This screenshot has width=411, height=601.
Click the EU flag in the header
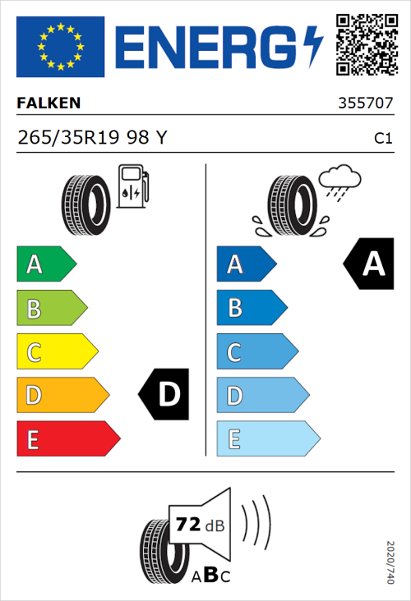(x=60, y=47)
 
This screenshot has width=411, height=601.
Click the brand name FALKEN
(x=48, y=103)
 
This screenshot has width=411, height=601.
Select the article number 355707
(x=365, y=104)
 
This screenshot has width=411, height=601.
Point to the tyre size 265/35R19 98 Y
(x=91, y=138)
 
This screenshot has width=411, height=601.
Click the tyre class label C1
(x=382, y=139)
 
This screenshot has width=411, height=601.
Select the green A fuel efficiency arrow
(x=45, y=264)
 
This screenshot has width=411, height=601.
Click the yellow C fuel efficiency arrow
(x=56, y=352)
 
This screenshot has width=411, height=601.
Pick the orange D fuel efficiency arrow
(x=62, y=396)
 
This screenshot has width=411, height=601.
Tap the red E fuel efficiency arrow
(x=67, y=439)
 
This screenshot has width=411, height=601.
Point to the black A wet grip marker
(x=369, y=264)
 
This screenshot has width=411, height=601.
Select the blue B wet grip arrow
(x=251, y=309)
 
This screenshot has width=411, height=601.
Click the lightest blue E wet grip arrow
(x=267, y=439)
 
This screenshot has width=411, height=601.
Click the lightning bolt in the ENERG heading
(x=313, y=47)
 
